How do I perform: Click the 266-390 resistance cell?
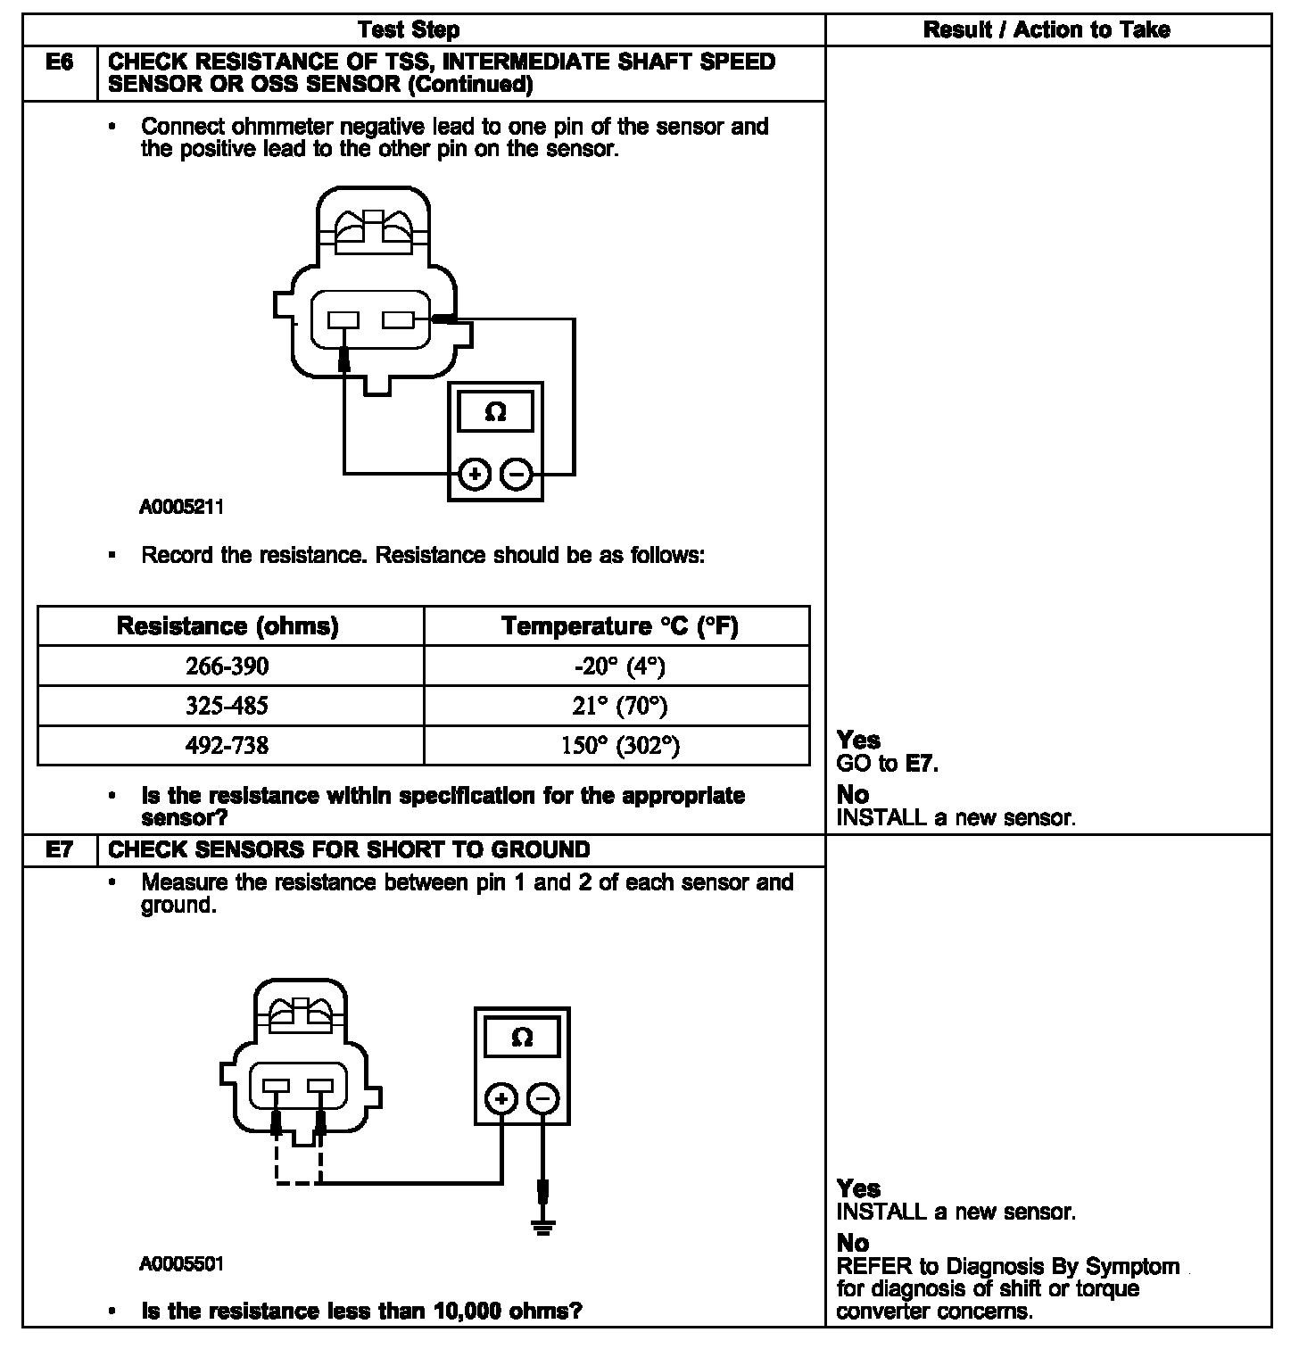coord(227,666)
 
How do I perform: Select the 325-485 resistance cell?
coord(227,706)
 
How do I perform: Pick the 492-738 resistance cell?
coord(227,745)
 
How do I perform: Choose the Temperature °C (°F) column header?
coord(620,626)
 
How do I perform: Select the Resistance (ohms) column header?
coord(228,626)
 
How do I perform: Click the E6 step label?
coord(59,62)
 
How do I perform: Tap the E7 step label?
coord(59,850)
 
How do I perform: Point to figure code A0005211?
coord(181,508)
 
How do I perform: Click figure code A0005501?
coord(181,1264)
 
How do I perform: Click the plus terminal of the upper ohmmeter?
coord(475,475)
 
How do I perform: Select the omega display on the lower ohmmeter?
coord(522,1038)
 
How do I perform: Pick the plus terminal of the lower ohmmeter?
coord(501,1099)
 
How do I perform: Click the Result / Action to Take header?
coord(1047,30)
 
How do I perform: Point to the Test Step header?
coord(409,30)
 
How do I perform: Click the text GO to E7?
coord(888,764)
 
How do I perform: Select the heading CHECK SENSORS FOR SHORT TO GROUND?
coord(349,850)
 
